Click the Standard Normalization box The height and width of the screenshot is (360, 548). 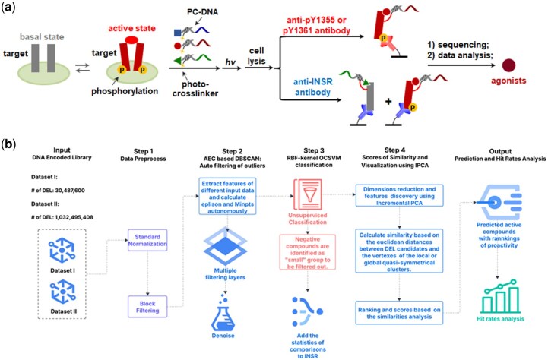147,240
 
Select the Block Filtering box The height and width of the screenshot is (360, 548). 147,307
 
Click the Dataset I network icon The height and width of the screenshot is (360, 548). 62,251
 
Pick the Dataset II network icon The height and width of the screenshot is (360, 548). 62,292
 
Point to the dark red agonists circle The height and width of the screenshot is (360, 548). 509,65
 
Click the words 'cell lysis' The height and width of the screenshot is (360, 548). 257,56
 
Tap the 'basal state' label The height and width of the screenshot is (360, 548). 42,37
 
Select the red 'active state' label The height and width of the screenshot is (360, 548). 131,28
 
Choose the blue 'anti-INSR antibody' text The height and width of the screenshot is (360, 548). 313,87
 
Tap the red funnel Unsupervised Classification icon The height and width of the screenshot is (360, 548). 308,194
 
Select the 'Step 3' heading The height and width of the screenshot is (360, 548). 313,150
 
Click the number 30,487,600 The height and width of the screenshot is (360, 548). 70,191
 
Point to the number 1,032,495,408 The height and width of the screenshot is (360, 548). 74,217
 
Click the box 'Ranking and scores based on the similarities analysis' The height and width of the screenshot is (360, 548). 399,313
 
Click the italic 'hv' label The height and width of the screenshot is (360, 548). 230,62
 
